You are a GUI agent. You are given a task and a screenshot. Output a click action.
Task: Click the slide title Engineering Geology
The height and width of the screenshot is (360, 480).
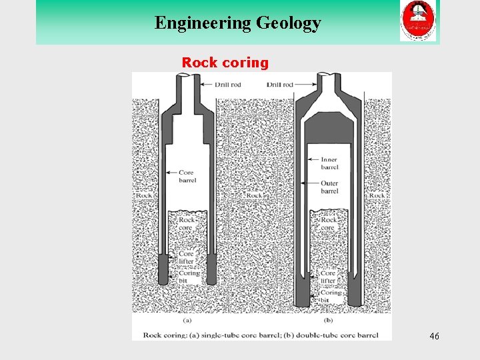point(237,23)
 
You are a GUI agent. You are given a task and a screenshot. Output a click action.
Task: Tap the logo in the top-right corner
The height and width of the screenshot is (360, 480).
point(418,21)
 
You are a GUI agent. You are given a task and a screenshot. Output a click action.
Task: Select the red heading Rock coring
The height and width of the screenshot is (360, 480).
point(225,63)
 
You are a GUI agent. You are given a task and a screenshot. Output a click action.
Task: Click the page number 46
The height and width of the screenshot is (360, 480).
point(434,337)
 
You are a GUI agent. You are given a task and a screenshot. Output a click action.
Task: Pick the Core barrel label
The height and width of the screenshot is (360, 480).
point(187,176)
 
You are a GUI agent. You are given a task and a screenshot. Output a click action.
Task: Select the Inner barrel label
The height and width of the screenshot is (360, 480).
point(329,163)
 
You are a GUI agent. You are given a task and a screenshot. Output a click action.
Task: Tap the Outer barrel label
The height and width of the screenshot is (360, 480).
point(329,187)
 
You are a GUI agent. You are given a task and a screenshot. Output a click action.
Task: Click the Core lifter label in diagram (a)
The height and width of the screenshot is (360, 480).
point(187,258)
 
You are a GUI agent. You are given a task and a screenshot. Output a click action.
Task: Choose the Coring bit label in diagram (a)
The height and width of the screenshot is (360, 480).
point(189,277)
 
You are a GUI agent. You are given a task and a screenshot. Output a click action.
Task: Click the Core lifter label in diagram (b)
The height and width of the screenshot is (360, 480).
point(329,277)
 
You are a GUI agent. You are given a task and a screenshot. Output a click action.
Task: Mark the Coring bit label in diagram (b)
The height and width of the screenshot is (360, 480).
point(331,296)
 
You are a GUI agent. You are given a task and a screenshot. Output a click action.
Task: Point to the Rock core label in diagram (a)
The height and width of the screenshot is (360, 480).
point(186,224)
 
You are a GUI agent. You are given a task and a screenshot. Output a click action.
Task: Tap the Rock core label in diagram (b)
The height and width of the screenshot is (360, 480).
point(329,224)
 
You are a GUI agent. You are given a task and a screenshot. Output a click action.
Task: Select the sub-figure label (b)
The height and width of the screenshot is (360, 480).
point(327,320)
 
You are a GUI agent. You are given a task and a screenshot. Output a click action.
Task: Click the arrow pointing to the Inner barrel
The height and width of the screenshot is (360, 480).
point(314,159)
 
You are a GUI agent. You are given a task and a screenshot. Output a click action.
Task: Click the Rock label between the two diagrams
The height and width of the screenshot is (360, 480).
point(254,195)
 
